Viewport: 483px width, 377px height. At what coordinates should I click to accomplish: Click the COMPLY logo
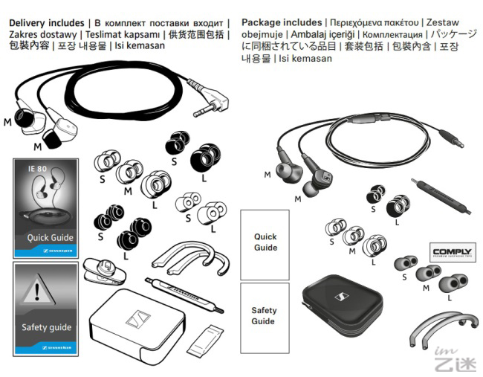click(x=452, y=252)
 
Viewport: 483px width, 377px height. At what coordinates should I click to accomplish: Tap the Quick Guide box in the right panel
click(x=265, y=242)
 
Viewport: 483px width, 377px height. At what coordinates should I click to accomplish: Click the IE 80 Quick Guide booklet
click(x=45, y=207)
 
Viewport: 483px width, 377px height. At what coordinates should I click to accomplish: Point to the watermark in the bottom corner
click(x=458, y=358)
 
